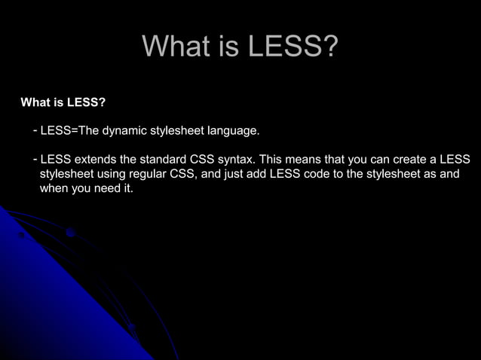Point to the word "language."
pos(234,131)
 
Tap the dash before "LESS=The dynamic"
pos(35,131)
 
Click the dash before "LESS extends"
pos(35,160)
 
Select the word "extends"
pos(94,160)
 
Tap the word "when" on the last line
pos(54,188)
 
